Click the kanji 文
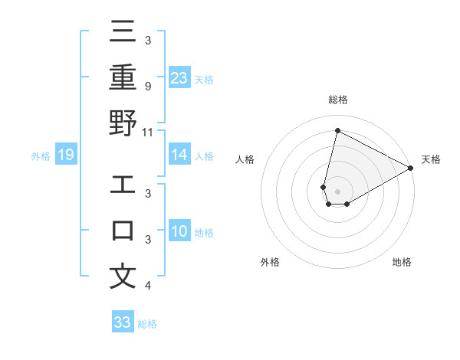coord(123,277)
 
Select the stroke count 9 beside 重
coord(147,86)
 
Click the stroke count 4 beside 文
coord(147,286)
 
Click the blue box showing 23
coord(179,77)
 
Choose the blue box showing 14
coord(179,155)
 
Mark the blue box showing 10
coord(179,231)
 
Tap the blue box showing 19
coord(65,155)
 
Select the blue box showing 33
coord(123,322)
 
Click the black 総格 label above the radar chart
coord(337,100)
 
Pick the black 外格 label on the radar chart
coord(270,262)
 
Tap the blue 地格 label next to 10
coord(204,232)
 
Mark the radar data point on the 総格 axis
coord(337,130)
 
